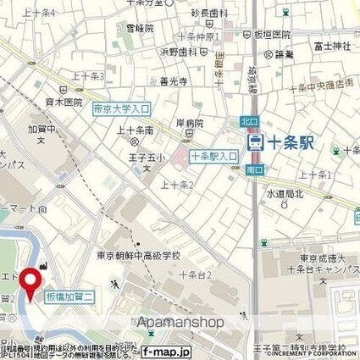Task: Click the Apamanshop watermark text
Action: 180,322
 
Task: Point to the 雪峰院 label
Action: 140,28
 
